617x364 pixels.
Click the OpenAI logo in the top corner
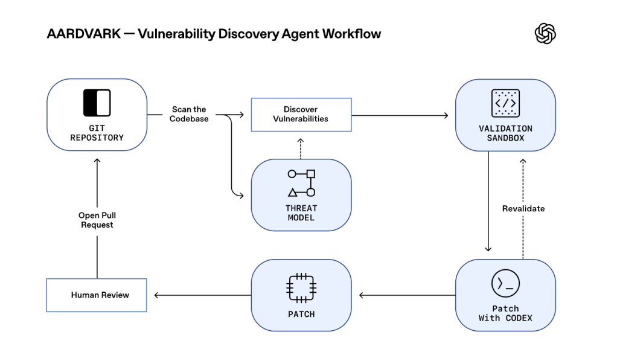pos(545,33)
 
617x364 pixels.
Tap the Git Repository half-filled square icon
pos(97,103)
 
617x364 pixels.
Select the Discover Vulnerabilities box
pos(301,114)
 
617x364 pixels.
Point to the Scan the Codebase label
pos(189,114)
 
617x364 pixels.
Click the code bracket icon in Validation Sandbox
pos(505,103)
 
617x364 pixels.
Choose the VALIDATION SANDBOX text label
pos(505,133)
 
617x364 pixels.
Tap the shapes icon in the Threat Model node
pos(301,184)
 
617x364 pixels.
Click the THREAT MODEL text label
pos(301,212)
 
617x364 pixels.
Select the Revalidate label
pos(523,208)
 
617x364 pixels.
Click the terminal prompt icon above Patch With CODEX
pos(505,284)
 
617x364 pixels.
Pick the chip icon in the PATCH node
pos(301,287)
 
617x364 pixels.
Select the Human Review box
pos(97,295)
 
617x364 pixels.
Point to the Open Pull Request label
pos(97,220)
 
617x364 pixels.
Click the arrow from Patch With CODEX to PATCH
pos(407,295)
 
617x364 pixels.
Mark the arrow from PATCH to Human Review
pos(202,295)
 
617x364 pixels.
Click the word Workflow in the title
pos(351,34)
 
